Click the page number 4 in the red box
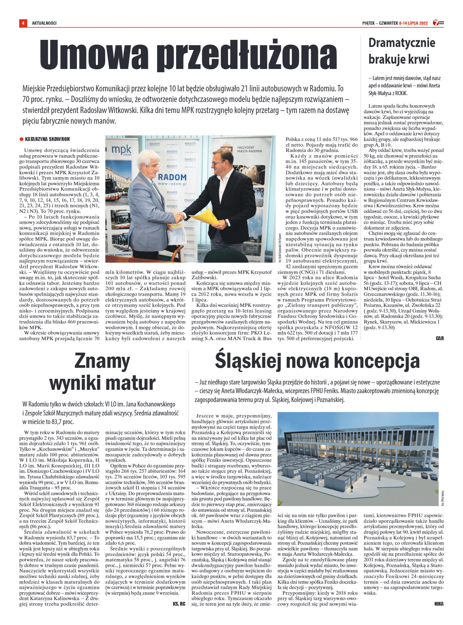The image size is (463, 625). pyautogui.click(x=23, y=23)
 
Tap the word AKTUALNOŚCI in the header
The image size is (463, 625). pyautogui.click(x=44, y=23)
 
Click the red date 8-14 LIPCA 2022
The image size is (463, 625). pyautogui.click(x=413, y=23)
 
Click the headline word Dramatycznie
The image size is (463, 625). pyautogui.click(x=401, y=43)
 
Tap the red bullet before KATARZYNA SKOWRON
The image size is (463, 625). pyautogui.click(x=21, y=139)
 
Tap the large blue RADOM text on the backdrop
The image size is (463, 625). pyautogui.click(x=172, y=178)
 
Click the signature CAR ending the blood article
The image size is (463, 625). pyautogui.click(x=440, y=338)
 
